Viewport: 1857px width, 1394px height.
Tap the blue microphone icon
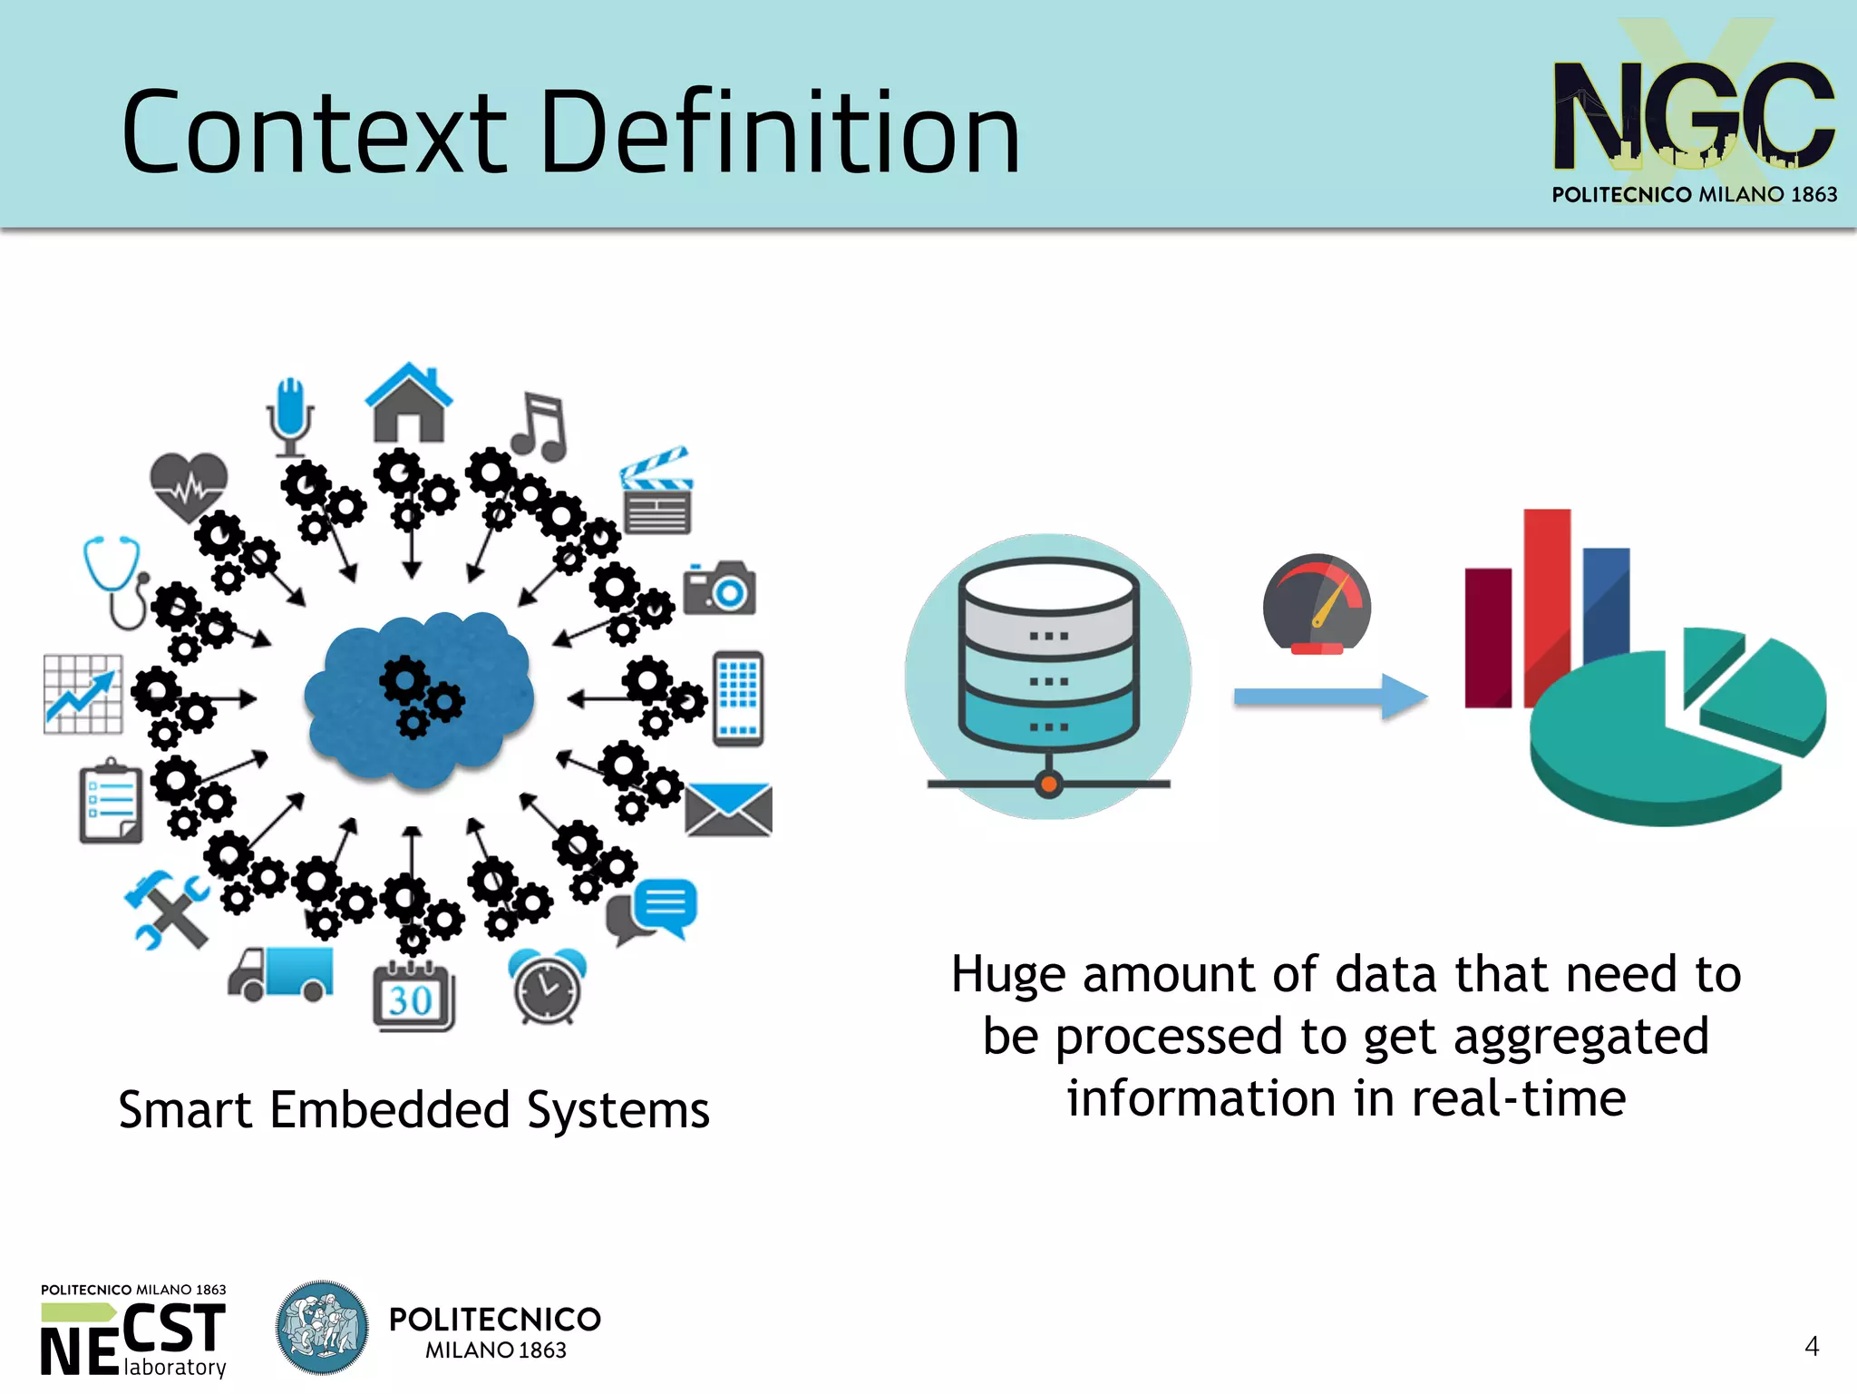290,416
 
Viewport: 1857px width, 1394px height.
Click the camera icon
719,588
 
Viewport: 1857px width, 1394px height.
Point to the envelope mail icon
728,809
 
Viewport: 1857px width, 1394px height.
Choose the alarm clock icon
547,986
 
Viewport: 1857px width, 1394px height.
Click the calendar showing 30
413,997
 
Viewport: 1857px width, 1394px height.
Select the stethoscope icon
116,580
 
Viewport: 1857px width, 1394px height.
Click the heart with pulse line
188,485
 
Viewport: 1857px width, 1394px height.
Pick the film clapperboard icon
656,492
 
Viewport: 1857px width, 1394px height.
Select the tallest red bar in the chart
1546,599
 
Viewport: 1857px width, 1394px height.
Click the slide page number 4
1811,1346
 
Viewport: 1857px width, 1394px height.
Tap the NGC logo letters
1693,115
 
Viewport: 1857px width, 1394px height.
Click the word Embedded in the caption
390,1110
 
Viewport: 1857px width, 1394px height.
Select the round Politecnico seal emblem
322,1327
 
